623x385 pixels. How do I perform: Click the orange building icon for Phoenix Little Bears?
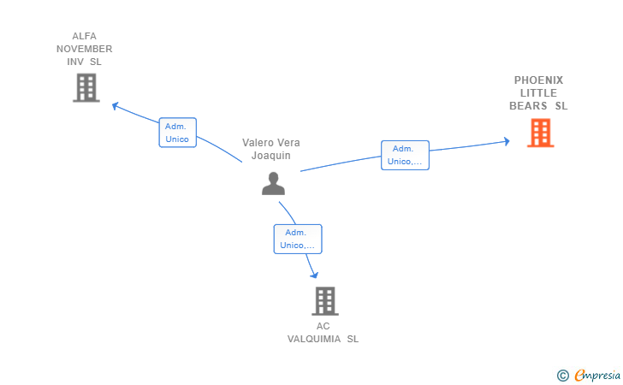(x=540, y=133)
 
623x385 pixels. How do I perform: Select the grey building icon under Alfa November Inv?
(x=86, y=87)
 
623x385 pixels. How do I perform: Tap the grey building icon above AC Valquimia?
(x=323, y=300)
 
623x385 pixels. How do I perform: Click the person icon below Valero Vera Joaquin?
(x=273, y=183)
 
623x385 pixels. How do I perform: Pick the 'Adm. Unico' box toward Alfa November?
(x=177, y=133)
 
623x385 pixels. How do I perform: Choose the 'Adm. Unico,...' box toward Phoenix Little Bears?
(x=405, y=155)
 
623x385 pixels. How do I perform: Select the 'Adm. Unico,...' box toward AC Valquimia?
(x=297, y=239)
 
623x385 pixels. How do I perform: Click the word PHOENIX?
(x=538, y=80)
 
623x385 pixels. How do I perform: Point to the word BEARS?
(x=528, y=106)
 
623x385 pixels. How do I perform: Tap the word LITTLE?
(x=538, y=93)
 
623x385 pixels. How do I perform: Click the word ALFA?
(x=85, y=36)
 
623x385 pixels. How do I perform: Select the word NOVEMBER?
(x=85, y=49)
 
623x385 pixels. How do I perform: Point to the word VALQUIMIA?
(x=316, y=339)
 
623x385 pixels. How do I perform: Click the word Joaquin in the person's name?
(x=271, y=156)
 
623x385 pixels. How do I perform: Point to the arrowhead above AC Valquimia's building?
(x=314, y=275)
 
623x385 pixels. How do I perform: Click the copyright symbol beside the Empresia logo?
(x=562, y=375)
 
